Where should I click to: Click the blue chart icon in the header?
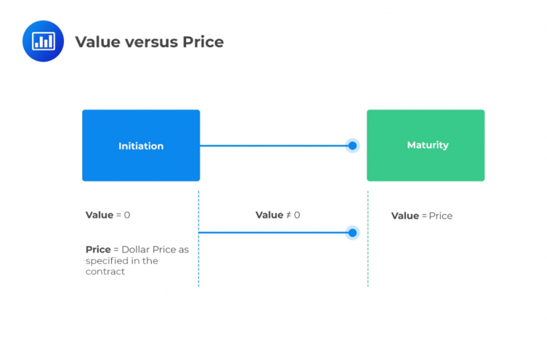[43, 41]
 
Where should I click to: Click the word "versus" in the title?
[150, 42]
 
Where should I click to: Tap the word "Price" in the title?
[202, 42]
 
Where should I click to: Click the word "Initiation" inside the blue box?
[141, 146]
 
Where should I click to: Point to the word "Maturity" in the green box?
[427, 145]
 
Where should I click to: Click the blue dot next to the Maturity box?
[352, 146]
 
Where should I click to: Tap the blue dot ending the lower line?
[352, 232]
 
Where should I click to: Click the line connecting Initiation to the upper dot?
[274, 146]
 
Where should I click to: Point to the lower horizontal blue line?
[274, 232]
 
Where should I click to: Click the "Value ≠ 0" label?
[278, 215]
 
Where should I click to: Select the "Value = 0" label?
[108, 215]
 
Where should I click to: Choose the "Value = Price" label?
[422, 216]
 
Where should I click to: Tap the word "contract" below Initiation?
[105, 272]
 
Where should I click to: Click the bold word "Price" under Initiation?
[98, 250]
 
